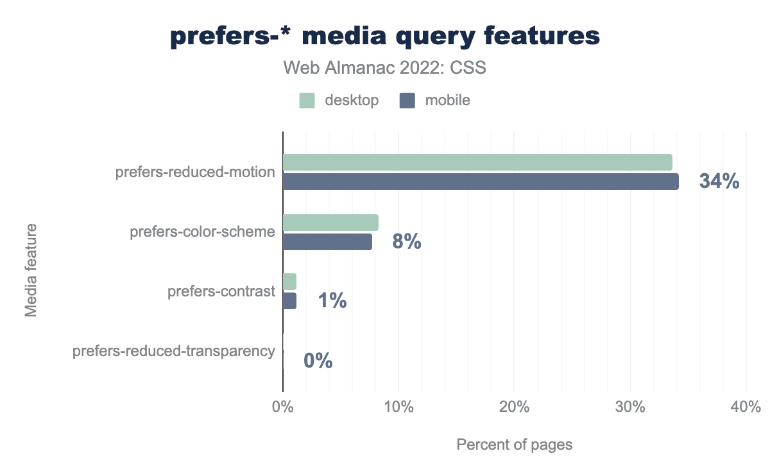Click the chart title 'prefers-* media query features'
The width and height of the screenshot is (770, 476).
pos(385,37)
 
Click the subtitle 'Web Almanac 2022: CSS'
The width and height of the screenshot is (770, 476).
pos(385,67)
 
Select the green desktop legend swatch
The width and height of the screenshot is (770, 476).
pos(307,101)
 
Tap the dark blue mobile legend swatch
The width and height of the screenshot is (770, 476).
pos(407,101)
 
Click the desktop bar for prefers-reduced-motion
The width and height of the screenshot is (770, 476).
pos(477,162)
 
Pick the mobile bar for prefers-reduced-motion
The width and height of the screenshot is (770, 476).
pos(481,182)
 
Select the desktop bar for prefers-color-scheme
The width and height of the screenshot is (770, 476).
pos(330,222)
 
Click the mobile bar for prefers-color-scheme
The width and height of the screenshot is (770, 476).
pos(327,242)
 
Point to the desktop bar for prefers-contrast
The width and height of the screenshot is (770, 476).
pos(289,282)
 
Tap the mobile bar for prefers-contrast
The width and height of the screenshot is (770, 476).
pos(289,301)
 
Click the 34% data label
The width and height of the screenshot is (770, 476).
pos(719,182)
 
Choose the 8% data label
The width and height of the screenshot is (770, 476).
pos(406,242)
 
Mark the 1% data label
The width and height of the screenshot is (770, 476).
pos(332,301)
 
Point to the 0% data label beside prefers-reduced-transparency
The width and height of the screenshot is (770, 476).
pos(318,361)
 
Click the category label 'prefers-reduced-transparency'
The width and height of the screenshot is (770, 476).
pos(174,351)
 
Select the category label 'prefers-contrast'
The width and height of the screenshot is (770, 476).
pos(221,291)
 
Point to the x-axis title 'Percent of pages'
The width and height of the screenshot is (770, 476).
pos(514,445)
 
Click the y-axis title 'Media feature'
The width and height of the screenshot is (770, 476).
pos(31,270)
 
